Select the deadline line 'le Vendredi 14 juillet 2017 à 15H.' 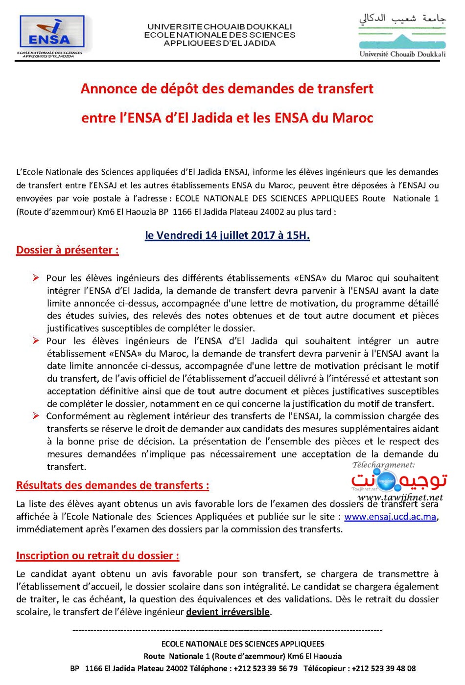tap(227, 235)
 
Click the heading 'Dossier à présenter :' tap(68, 250)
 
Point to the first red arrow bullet tap(36, 278)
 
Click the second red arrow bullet tap(36, 341)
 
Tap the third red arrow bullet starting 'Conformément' tap(36, 416)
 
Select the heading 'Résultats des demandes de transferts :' tap(113, 485)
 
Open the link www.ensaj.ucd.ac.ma tap(390, 517)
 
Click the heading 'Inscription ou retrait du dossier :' tap(97, 556)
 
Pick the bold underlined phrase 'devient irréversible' tap(228, 612)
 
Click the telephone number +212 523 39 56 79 tap(265, 668)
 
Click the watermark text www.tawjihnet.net tap(400, 497)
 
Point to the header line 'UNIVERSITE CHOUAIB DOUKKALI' tap(220, 26)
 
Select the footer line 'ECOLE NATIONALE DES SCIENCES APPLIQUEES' tap(243, 644)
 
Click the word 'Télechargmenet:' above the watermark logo tap(383, 465)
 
